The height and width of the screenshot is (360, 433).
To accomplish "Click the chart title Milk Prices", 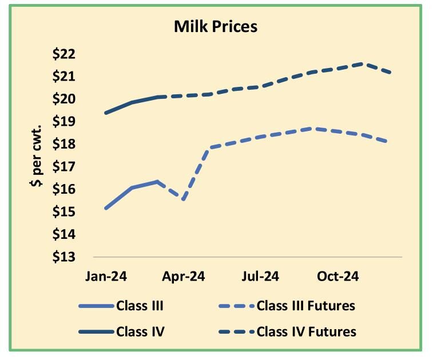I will coord(216,26).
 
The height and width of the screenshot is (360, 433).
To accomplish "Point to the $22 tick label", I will coord(63,54).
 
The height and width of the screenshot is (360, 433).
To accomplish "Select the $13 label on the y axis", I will coord(63,257).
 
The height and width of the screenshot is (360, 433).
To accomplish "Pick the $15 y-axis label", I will coord(63,212).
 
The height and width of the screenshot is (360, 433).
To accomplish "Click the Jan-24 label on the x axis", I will coord(106,277).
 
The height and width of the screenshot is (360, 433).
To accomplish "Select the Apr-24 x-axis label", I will coord(184,277).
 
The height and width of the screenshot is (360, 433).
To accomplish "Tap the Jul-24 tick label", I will coord(260,277).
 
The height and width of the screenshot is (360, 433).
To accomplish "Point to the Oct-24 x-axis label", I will coord(338,277).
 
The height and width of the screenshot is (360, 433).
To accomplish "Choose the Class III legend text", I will coord(140,306).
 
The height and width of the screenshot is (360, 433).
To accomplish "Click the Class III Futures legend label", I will coord(306,306).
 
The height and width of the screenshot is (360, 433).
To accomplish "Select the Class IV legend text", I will coord(140,331).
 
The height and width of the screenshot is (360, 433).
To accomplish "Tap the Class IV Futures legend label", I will coord(307,331).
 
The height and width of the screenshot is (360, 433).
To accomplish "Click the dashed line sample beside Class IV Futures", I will coord(235,331).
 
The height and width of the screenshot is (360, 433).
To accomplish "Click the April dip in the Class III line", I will coord(183,199).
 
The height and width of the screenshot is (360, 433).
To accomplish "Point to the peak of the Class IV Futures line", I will coord(363,63).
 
